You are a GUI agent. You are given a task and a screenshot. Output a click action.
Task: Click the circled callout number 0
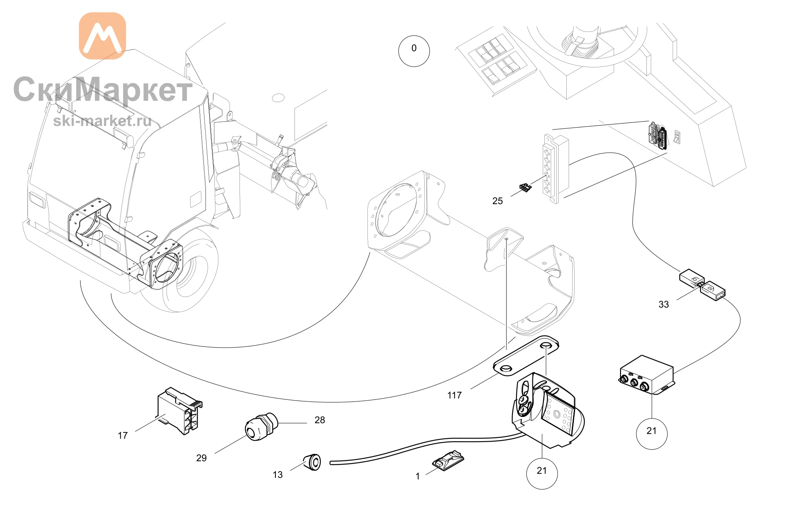tap(414, 51)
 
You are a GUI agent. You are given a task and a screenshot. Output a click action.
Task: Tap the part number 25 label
tap(497, 201)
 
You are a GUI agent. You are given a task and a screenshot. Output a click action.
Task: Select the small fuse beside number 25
tap(525, 187)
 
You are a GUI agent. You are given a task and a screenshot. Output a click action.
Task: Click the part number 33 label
tap(664, 305)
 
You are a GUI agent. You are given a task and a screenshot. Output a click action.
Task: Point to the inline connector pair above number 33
tap(702, 285)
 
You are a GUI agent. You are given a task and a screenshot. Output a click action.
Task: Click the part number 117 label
tap(454, 395)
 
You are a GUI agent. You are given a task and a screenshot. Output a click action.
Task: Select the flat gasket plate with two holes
tap(526, 356)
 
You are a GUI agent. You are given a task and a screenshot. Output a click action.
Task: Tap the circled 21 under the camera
tap(542, 473)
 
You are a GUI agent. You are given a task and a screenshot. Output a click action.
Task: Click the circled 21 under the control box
tap(652, 434)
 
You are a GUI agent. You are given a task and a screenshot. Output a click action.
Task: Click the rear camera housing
tap(546, 411)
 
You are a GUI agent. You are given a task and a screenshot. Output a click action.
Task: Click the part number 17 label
tap(123, 436)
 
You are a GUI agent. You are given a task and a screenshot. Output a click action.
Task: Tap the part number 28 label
tap(320, 420)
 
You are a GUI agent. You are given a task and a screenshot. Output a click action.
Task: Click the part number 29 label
tap(201, 458)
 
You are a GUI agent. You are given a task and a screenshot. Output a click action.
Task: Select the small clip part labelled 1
tap(448, 461)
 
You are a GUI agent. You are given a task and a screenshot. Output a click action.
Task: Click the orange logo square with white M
tap(102, 36)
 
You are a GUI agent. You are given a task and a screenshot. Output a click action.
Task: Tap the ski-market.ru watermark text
tap(102, 120)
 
